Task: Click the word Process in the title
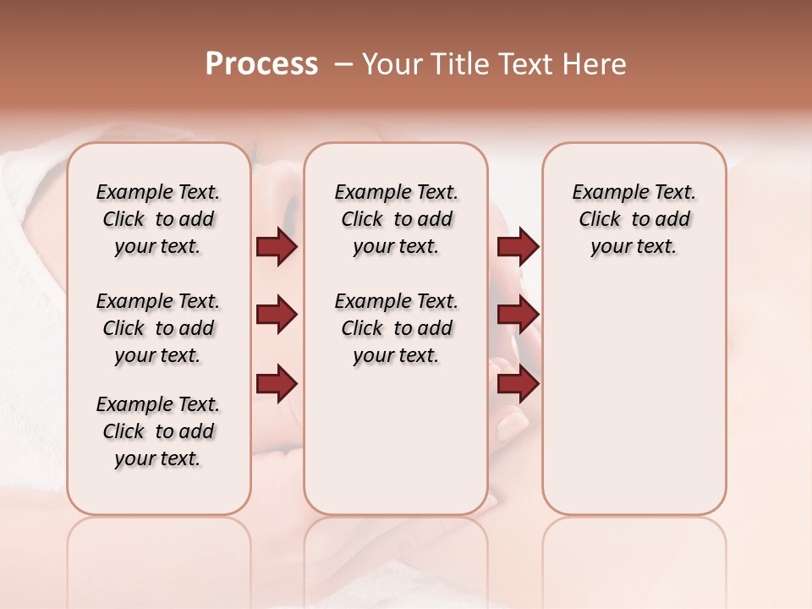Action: (261, 64)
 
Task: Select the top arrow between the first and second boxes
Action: (277, 246)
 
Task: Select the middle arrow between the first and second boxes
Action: (277, 315)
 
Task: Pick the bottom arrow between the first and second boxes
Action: (277, 384)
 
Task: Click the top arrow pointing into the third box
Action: (518, 246)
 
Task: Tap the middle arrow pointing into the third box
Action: (518, 315)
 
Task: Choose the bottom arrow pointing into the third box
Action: (518, 384)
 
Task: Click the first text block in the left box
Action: (158, 219)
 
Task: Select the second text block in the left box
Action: (158, 328)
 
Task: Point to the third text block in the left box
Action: (158, 431)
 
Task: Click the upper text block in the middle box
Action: (396, 219)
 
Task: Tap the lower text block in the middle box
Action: (396, 328)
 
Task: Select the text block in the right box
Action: (634, 219)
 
